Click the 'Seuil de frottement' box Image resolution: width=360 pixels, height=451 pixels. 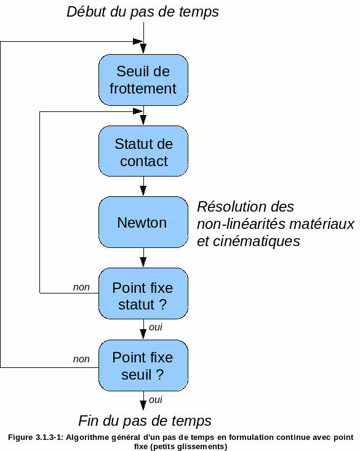143,79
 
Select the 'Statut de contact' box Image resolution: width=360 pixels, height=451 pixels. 143,151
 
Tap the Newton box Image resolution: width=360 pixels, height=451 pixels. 143,222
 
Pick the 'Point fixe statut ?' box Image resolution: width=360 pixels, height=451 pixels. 143,293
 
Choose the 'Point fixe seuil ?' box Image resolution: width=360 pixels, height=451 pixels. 143,365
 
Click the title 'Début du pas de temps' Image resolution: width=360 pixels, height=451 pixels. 143,12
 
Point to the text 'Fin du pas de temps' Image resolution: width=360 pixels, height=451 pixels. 145,421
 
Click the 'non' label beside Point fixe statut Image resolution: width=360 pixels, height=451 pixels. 81,287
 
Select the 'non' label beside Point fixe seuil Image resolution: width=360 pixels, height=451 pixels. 81,359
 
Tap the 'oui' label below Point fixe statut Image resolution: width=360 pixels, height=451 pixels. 156,327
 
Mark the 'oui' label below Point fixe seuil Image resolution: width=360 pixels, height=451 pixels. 156,400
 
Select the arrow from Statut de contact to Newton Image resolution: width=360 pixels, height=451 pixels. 143,186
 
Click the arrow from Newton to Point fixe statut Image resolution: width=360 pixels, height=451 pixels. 143,257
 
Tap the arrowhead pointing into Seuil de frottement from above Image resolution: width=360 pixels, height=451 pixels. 143,49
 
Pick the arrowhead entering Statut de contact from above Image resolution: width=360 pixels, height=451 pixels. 143,120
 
